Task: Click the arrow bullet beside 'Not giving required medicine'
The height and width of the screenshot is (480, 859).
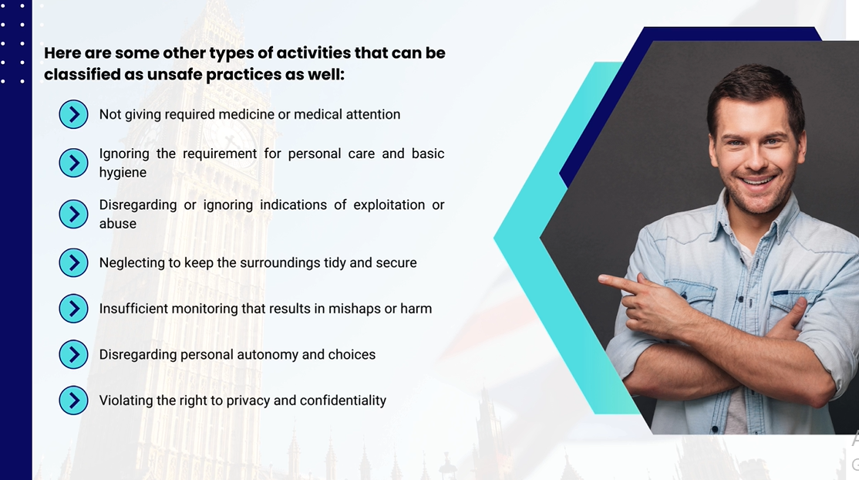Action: (x=73, y=114)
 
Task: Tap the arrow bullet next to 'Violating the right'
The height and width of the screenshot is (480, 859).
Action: (x=73, y=401)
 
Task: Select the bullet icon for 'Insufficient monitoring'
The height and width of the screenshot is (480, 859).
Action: (x=73, y=309)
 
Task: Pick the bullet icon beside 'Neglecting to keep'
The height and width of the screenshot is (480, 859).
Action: (x=73, y=263)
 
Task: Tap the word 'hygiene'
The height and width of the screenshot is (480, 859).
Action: (x=123, y=173)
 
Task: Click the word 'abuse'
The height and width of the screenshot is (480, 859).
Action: (x=118, y=224)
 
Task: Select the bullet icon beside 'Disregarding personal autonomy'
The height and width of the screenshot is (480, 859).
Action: (x=73, y=354)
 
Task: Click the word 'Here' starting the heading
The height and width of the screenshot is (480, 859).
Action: (x=62, y=53)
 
